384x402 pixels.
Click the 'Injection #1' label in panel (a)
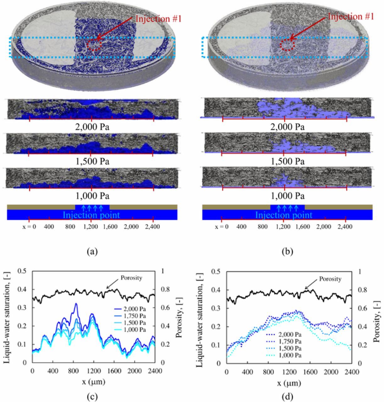[x=158, y=19]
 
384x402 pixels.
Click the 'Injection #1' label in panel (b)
[x=351, y=16]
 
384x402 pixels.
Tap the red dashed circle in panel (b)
[x=288, y=45]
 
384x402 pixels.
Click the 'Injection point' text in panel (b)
[x=283, y=215]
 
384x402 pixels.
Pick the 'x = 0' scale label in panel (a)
[x=29, y=227]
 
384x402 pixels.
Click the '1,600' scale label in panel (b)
[x=303, y=227]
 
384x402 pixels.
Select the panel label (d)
[x=287, y=397]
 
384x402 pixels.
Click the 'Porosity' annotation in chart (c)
[x=131, y=278]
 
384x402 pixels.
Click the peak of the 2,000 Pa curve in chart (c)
[x=76, y=303]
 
